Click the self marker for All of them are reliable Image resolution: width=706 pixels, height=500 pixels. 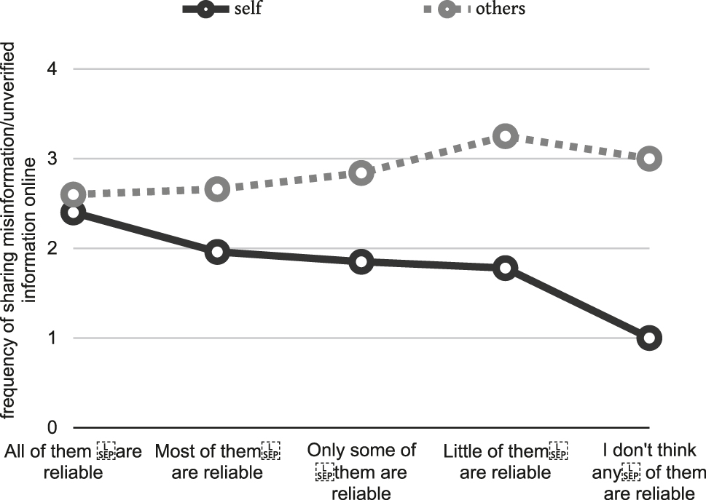73,213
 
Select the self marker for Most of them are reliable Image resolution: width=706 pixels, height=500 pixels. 217,253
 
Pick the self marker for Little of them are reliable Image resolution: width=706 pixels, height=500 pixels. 505,268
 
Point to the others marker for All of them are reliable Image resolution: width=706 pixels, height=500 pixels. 73,195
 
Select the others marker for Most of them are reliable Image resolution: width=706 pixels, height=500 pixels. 217,189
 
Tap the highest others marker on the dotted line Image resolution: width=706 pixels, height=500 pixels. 505,136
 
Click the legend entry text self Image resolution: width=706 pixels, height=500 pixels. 248,9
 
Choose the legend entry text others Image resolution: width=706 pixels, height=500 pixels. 501,9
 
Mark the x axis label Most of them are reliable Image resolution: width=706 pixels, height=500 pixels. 217,461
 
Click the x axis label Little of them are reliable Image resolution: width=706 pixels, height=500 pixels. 505,461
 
